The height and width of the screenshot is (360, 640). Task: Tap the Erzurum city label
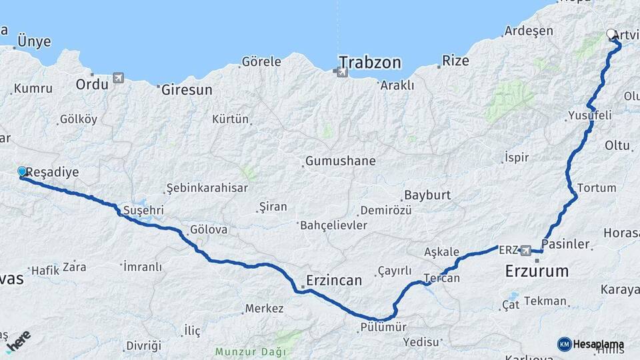pyautogui.click(x=537, y=271)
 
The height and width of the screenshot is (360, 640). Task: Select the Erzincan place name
pyautogui.click(x=334, y=280)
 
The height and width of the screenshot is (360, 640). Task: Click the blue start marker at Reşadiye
pyautogui.click(x=22, y=172)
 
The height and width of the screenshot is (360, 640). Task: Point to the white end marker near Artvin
pyautogui.click(x=611, y=33)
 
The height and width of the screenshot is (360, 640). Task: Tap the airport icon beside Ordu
pyautogui.click(x=119, y=78)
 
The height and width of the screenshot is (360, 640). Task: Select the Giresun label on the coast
pyautogui.click(x=187, y=89)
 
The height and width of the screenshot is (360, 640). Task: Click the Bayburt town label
pyautogui.click(x=427, y=195)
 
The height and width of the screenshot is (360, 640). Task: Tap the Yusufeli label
pyautogui.click(x=589, y=115)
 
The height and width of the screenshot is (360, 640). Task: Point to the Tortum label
pyautogui.click(x=597, y=187)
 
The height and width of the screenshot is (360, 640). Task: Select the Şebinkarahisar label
pyautogui.click(x=207, y=187)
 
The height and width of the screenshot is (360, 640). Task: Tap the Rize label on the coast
pyautogui.click(x=456, y=61)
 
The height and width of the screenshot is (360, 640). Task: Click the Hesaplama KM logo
pyautogui.click(x=591, y=344)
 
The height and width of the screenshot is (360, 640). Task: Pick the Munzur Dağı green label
pyautogui.click(x=250, y=351)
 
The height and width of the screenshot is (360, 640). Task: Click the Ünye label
pyautogui.click(x=34, y=41)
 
